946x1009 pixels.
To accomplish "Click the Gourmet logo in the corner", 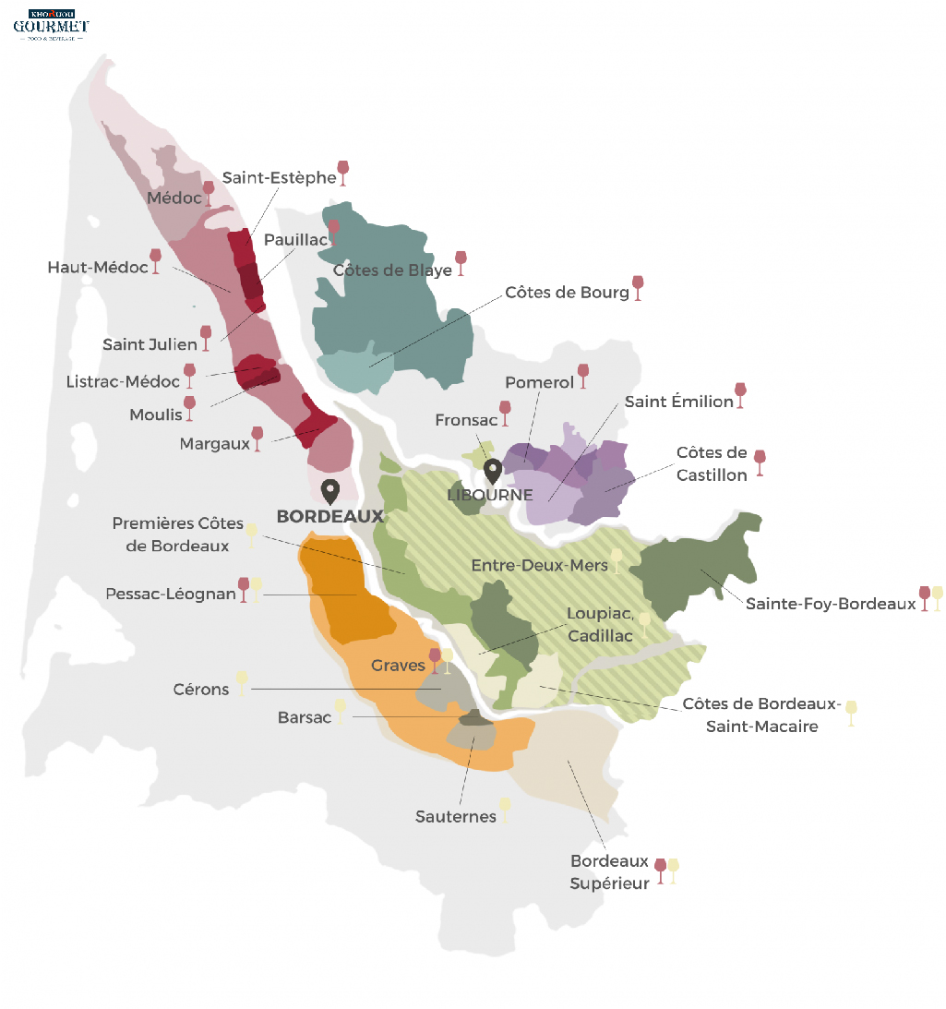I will coord(51,25).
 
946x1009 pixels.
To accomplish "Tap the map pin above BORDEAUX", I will coord(329,491).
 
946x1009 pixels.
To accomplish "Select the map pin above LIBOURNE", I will coord(492,471).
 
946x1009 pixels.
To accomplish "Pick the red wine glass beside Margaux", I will coord(257,437).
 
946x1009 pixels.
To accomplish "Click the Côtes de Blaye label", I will coord(392,270).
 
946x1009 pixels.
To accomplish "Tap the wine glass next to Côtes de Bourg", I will coord(637,287).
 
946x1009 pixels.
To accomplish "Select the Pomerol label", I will coord(539,382).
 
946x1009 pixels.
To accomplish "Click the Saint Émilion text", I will coord(678,402).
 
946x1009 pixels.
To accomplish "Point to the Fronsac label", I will coord(466,420).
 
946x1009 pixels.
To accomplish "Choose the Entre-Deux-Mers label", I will coord(539,565).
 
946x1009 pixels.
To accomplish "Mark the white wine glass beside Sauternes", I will coord(504,809).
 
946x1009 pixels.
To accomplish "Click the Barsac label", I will coord(304,717).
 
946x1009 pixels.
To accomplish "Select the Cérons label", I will coord(200,689).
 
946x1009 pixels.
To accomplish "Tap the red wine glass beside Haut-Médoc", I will coord(155,259).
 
